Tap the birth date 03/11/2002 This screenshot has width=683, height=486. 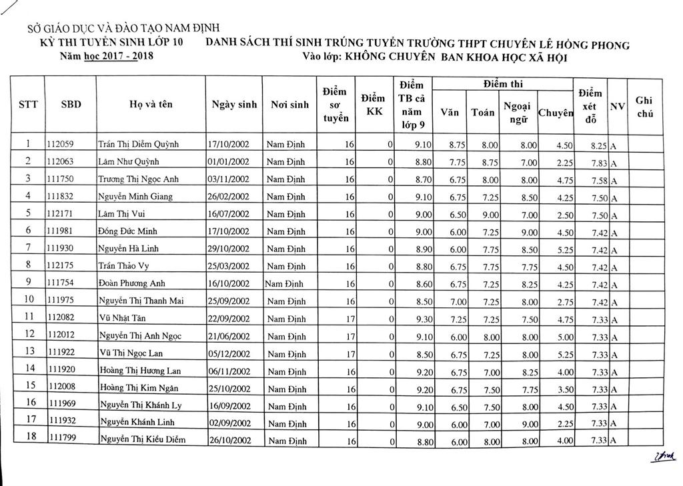229,179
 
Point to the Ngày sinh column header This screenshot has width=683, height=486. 233,105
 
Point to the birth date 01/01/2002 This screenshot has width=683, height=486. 229,162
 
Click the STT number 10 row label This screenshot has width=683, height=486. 27,301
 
